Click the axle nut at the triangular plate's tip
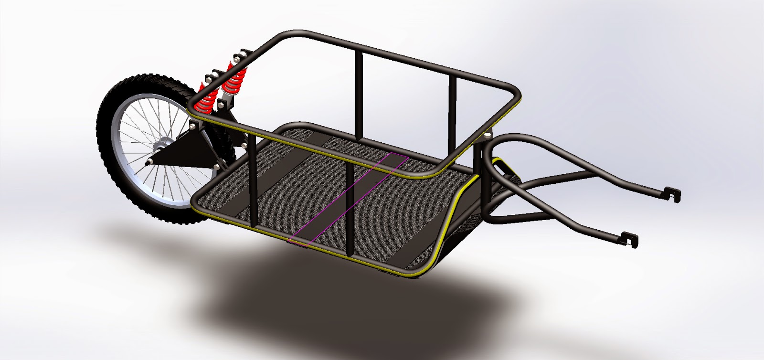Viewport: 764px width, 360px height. (149, 162)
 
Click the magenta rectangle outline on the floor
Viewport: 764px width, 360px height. (349, 198)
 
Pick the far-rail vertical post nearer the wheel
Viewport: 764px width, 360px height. (359, 91)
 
